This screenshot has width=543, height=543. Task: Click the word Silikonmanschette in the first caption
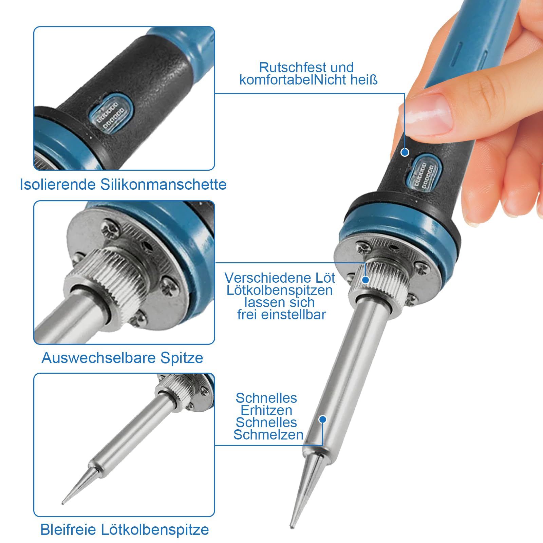coord(163,185)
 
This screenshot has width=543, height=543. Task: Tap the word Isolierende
coord(58,185)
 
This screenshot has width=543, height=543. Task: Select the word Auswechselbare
coord(98,358)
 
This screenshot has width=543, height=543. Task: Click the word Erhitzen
coord(266,410)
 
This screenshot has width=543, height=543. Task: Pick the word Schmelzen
coord(268,435)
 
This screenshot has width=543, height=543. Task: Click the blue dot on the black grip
coord(405,152)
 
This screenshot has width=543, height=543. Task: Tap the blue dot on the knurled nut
coord(366,280)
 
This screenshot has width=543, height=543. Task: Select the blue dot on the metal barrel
coord(323,419)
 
